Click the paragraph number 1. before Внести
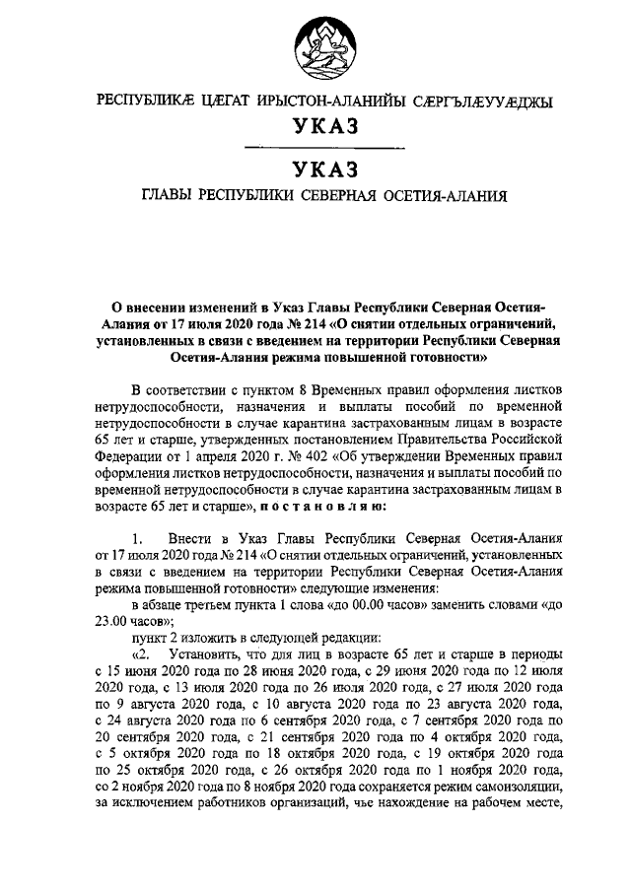[138, 538]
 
